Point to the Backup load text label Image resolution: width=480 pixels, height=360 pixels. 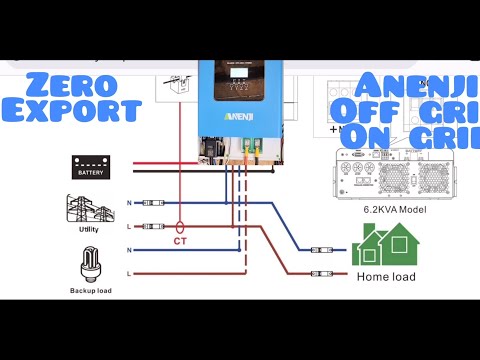pyautogui.click(x=90, y=290)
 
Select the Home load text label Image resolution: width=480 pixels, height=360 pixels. pyautogui.click(x=386, y=275)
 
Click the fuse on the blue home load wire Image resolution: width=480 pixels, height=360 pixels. pyautogui.click(x=320, y=250)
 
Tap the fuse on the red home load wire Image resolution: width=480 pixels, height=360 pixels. pyautogui.click(x=320, y=272)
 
